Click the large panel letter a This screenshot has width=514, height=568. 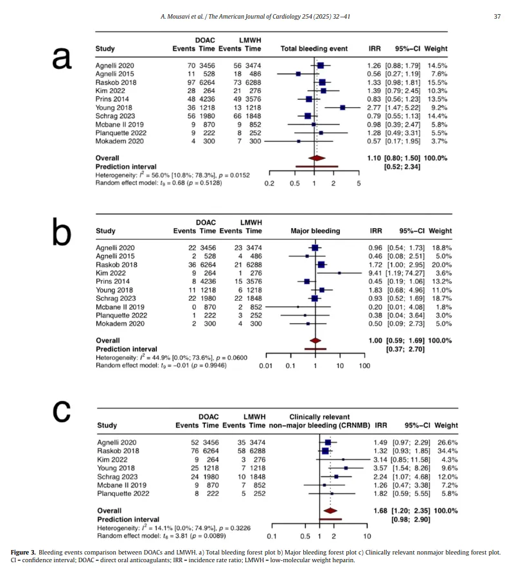click(62, 59)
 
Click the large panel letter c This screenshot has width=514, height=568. click(62, 411)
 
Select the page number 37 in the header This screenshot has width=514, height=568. click(496, 17)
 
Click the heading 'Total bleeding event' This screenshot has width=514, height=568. click(314, 49)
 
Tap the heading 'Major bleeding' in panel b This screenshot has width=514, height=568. click(315, 231)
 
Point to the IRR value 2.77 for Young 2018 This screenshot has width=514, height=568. click(375, 107)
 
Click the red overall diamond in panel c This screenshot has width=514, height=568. click(331, 511)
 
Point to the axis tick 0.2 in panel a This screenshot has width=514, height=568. click(269, 183)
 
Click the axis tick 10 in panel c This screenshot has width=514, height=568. click(366, 535)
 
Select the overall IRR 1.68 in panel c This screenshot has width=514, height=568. click(379, 511)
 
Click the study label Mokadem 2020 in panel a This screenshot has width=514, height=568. click(118, 141)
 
